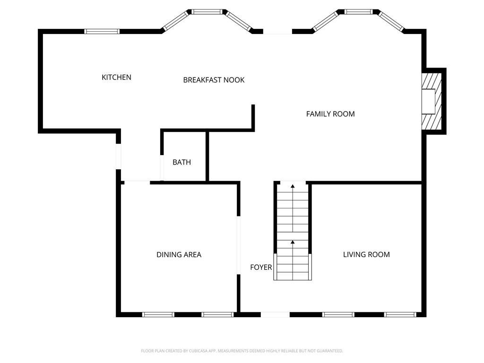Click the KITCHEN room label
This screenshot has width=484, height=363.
(116, 77)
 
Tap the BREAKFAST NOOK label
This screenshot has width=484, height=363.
(214, 80)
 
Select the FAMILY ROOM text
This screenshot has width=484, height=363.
(330, 114)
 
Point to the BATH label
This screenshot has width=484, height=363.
(181, 162)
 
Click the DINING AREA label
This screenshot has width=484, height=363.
(179, 255)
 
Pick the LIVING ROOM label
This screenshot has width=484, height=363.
(366, 254)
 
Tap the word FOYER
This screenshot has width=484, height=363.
(261, 268)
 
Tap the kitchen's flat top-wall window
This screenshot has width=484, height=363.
(102, 31)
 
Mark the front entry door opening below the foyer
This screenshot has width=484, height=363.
(275, 314)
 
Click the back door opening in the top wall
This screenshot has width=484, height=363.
(277, 31)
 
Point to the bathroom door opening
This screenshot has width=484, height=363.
(162, 168)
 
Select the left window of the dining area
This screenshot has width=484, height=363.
(158, 314)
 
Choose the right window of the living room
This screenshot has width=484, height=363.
(400, 314)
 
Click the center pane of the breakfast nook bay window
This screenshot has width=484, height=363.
(207, 12)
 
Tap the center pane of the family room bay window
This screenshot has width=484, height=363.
(358, 12)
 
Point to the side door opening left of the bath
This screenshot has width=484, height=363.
(118, 156)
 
